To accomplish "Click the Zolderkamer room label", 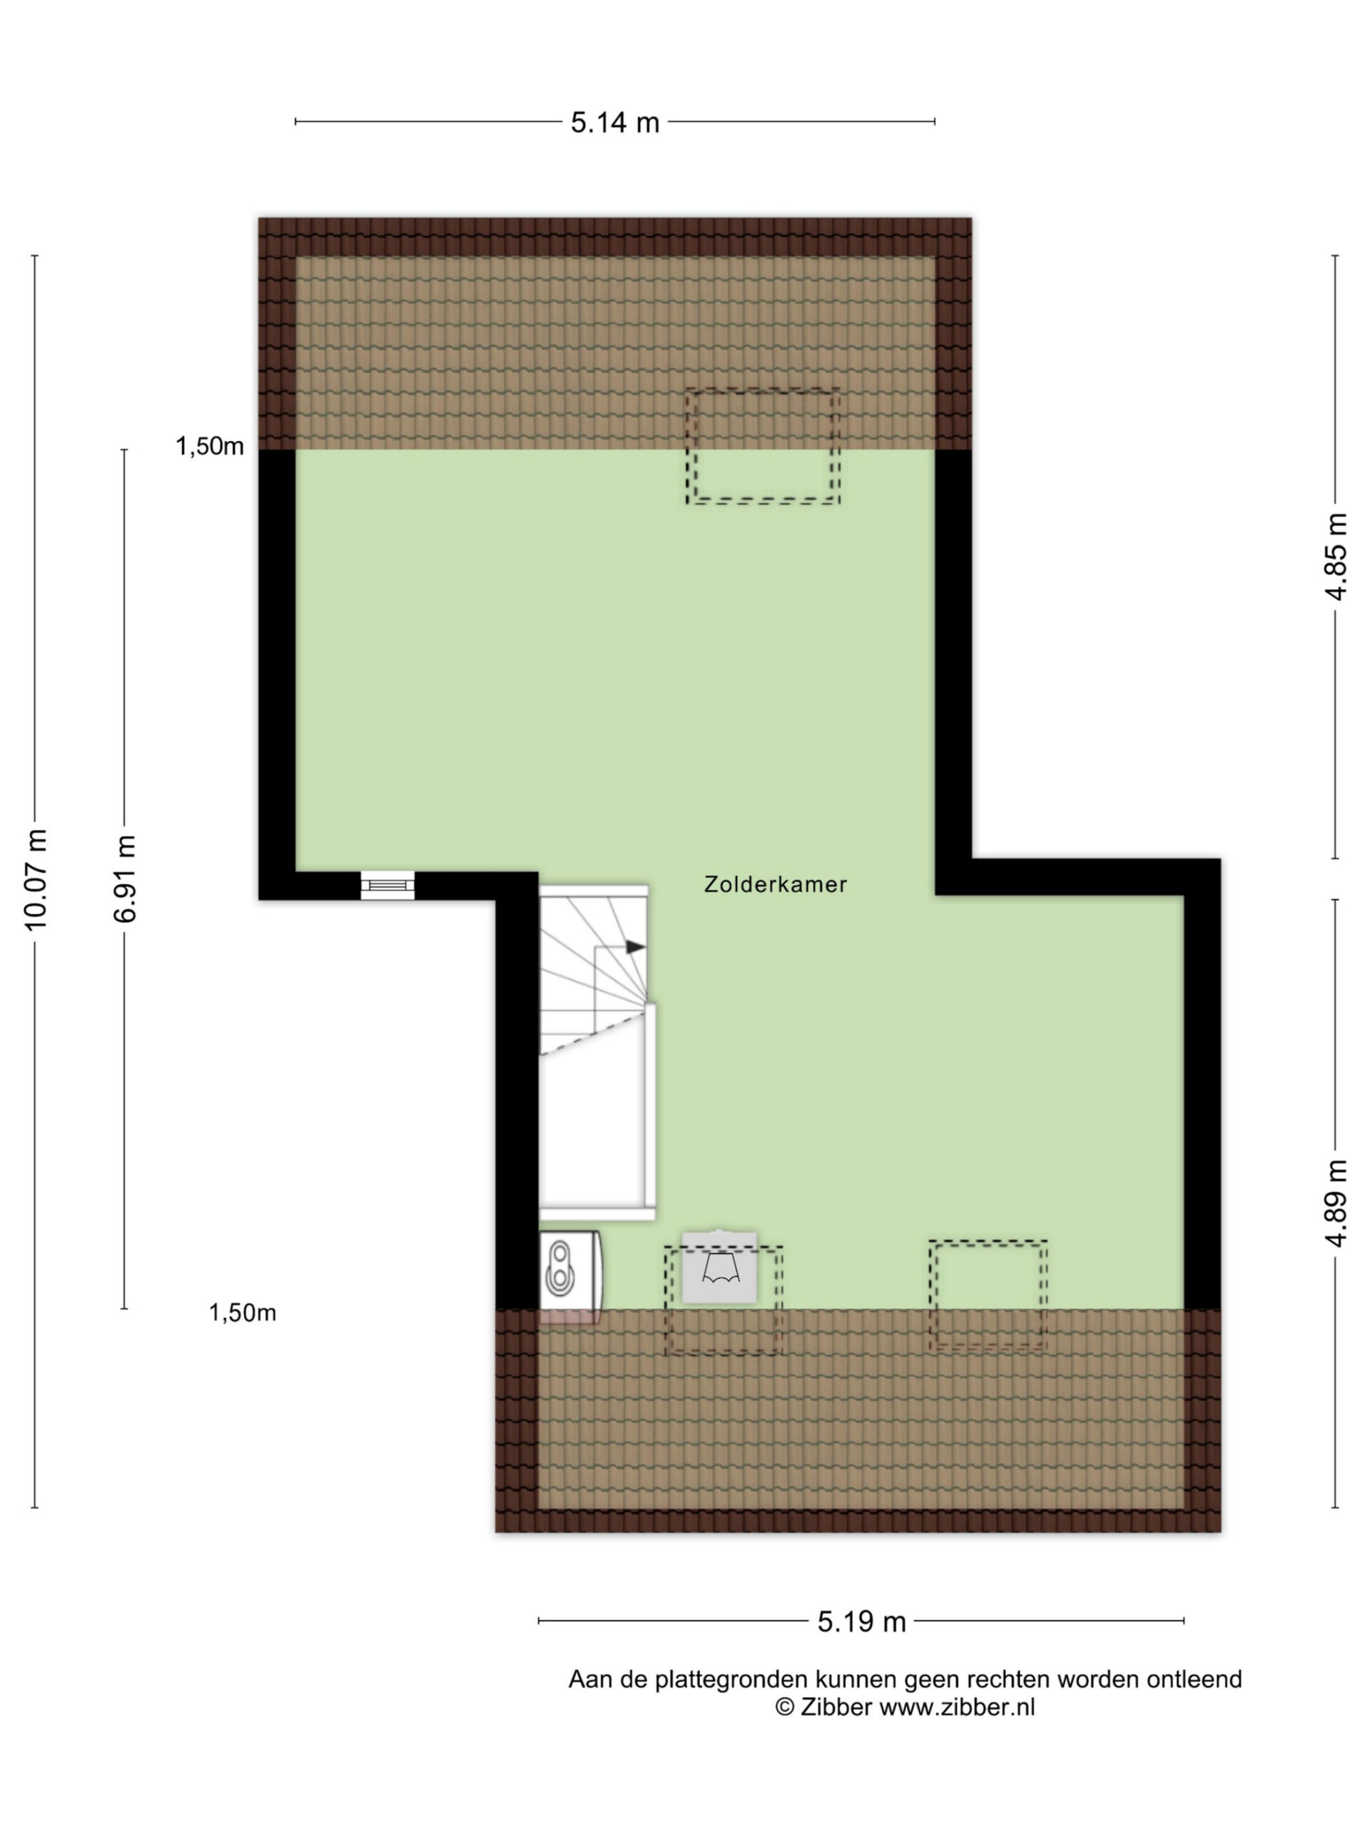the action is pyautogui.click(x=775, y=884).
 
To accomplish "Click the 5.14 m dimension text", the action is pyautogui.click(x=615, y=123).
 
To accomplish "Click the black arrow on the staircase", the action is pyautogui.click(x=635, y=946).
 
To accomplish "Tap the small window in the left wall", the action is pyautogui.click(x=387, y=886).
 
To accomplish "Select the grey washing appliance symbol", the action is pyautogui.click(x=719, y=1266).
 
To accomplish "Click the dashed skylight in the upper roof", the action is pyautogui.click(x=762, y=446).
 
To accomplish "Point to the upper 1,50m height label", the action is pyautogui.click(x=210, y=447).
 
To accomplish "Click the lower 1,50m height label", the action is pyautogui.click(x=242, y=1312).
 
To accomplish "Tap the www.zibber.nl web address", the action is pyautogui.click(x=956, y=1707).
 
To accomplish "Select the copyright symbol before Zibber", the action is pyautogui.click(x=784, y=1707).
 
